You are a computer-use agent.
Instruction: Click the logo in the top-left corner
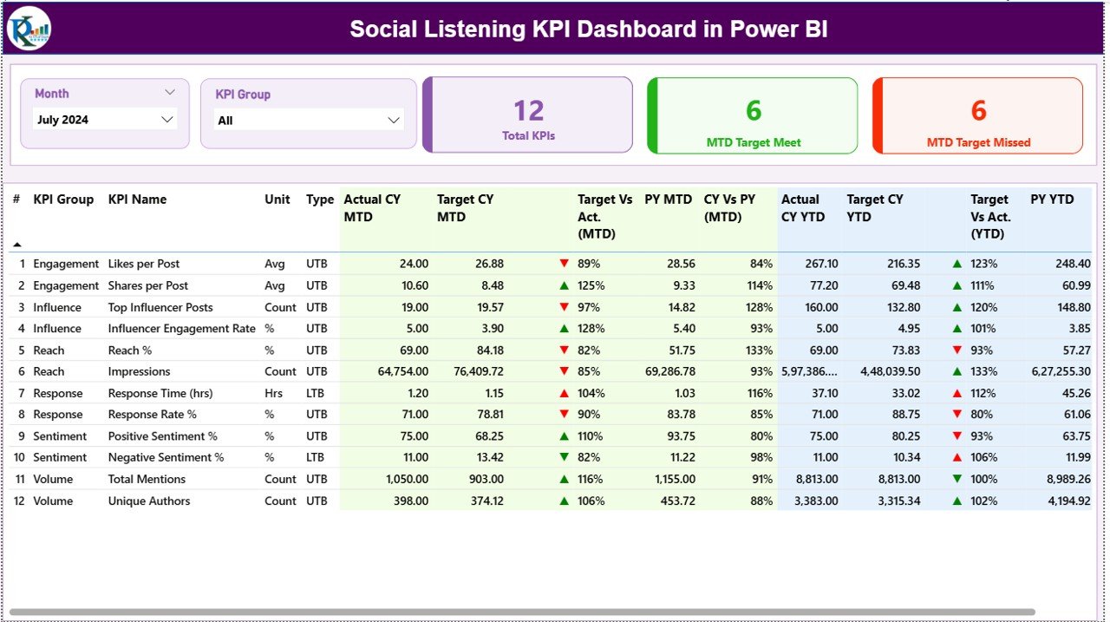point(29,29)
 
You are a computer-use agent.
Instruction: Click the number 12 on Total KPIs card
point(528,110)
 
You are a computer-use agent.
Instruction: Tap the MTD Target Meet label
point(753,142)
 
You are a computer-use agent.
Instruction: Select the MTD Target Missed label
point(978,142)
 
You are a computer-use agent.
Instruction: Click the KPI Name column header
point(137,200)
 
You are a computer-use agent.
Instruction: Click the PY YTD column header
point(1052,200)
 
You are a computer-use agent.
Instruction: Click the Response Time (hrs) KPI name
point(160,393)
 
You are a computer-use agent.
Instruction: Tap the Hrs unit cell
point(274,393)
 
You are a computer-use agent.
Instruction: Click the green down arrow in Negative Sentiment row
point(565,457)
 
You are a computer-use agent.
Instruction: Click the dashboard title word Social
point(383,29)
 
